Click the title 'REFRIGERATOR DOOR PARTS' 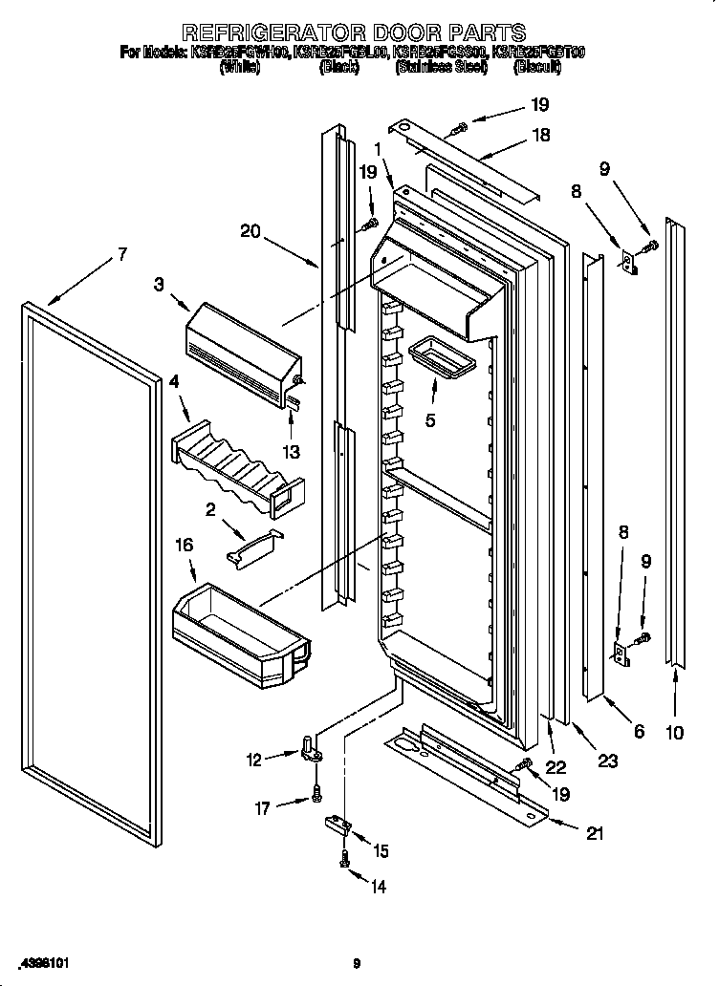click(354, 32)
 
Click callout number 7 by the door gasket click(121, 254)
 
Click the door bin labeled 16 click(239, 631)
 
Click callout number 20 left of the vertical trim click(251, 229)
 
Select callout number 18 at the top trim click(540, 135)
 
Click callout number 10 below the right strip click(675, 733)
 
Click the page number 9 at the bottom click(357, 963)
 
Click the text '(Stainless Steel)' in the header click(441, 68)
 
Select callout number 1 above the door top click(380, 149)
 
